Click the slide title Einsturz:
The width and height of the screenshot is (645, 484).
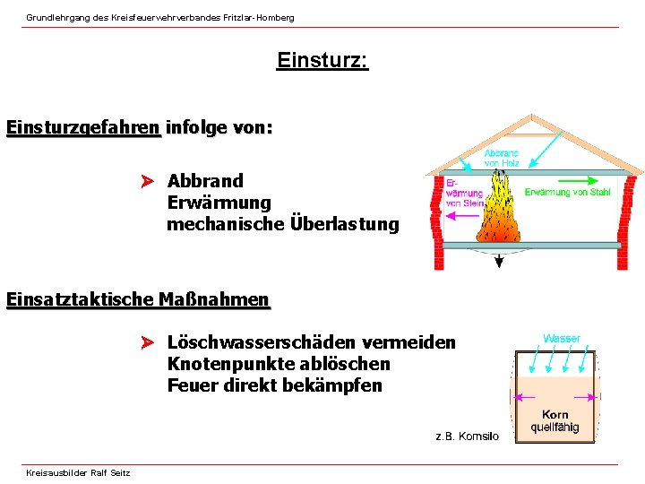point(322,61)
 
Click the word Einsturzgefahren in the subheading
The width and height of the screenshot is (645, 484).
point(83,127)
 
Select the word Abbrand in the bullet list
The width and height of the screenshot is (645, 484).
point(205,181)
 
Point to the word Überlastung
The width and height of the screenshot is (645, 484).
point(345,224)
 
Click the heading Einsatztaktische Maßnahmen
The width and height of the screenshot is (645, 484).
point(137,299)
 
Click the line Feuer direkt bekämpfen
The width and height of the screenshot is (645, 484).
point(274,385)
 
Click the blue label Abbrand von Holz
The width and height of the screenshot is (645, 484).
point(502,159)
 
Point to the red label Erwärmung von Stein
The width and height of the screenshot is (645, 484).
point(464,193)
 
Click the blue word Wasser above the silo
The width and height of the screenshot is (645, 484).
point(562,339)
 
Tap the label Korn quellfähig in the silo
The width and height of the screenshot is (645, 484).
point(555,421)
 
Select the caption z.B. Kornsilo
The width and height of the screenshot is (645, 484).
point(467,436)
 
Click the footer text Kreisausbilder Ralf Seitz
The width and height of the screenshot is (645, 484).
point(78,472)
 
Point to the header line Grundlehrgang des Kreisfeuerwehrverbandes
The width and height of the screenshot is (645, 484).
point(159,17)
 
